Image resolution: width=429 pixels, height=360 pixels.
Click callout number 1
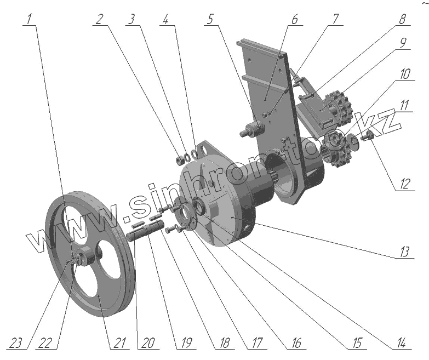[x=30, y=18]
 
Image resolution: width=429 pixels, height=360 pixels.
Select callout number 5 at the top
[x=211, y=18]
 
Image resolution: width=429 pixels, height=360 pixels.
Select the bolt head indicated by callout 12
[x=367, y=135]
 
